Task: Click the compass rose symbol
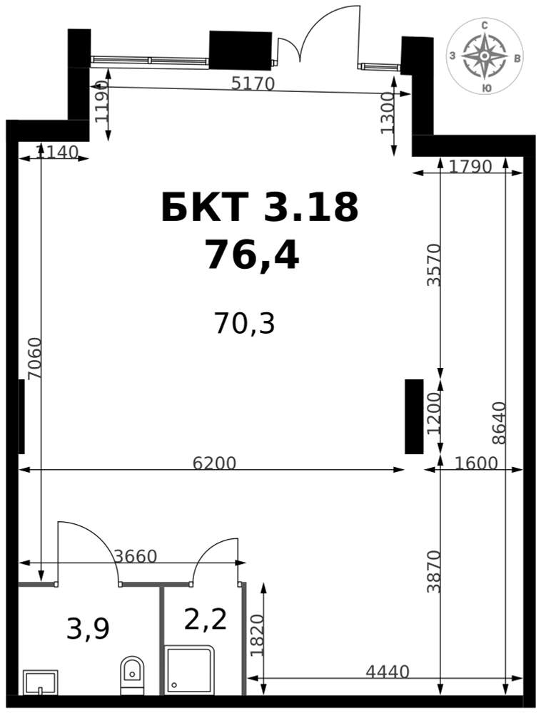pyautogui.click(x=485, y=56)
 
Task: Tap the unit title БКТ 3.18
pyautogui.click(x=260, y=207)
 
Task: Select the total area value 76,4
pyautogui.click(x=252, y=255)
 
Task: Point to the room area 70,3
pyautogui.click(x=245, y=324)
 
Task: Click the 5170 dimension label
pyautogui.click(x=253, y=83)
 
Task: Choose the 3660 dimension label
pyautogui.click(x=135, y=555)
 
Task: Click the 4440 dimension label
pyautogui.click(x=388, y=671)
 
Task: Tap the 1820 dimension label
pyautogui.click(x=257, y=635)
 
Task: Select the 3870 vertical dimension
pyautogui.click(x=434, y=572)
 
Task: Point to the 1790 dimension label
pyautogui.click(x=470, y=167)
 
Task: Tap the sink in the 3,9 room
pyautogui.click(x=41, y=682)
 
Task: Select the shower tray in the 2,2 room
pyautogui.click(x=189, y=670)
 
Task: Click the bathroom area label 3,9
pyautogui.click(x=88, y=630)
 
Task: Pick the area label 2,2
pyautogui.click(x=206, y=619)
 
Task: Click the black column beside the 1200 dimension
pyautogui.click(x=414, y=416)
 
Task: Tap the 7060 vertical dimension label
pyautogui.click(x=34, y=359)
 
